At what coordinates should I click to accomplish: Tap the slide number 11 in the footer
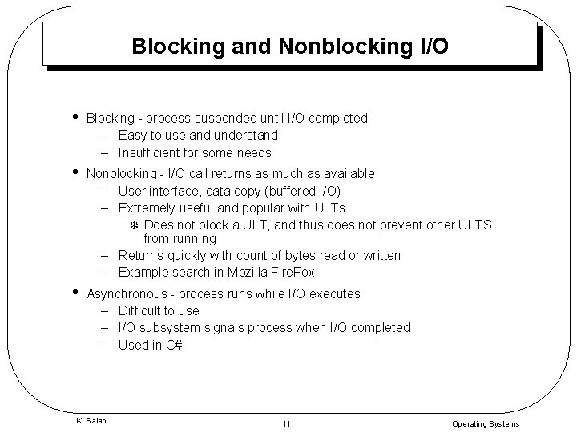click(x=286, y=423)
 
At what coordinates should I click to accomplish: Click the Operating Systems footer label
click(x=486, y=423)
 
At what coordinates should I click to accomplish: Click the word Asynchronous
click(x=127, y=293)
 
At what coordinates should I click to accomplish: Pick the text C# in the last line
click(x=174, y=345)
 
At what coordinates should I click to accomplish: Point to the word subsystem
click(x=171, y=327)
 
